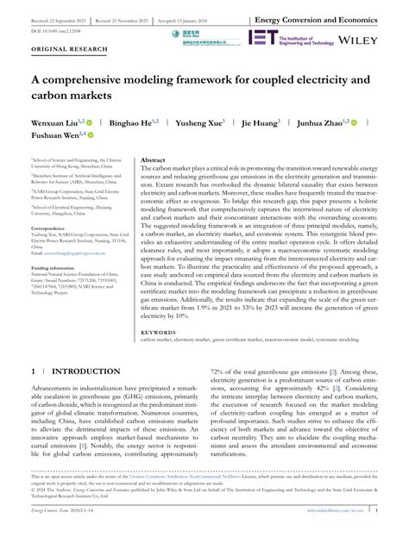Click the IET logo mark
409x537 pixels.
coord(261,37)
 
